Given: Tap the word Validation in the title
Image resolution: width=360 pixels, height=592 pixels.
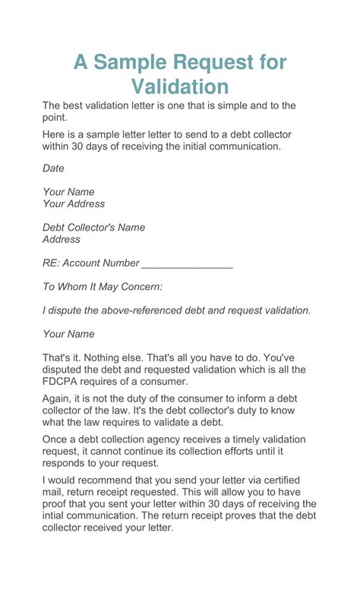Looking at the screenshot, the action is pos(180,87).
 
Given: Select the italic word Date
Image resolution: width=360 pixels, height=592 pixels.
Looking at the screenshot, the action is pos(53,168).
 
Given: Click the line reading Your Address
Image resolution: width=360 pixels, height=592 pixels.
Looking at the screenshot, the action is pos(74,203).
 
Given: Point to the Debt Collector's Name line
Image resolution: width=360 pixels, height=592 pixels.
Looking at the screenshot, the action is pos(93,227).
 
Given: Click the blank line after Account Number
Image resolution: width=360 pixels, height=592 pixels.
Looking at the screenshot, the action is pos(187,263).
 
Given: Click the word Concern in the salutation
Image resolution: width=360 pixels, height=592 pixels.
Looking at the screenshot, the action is pos(141,287).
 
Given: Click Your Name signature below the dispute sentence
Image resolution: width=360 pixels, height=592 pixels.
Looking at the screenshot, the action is pos(68,334).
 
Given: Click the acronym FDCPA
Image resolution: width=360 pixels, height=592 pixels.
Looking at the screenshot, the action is pos(62,382).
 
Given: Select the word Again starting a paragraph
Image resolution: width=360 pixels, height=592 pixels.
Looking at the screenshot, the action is pos(58,398).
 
